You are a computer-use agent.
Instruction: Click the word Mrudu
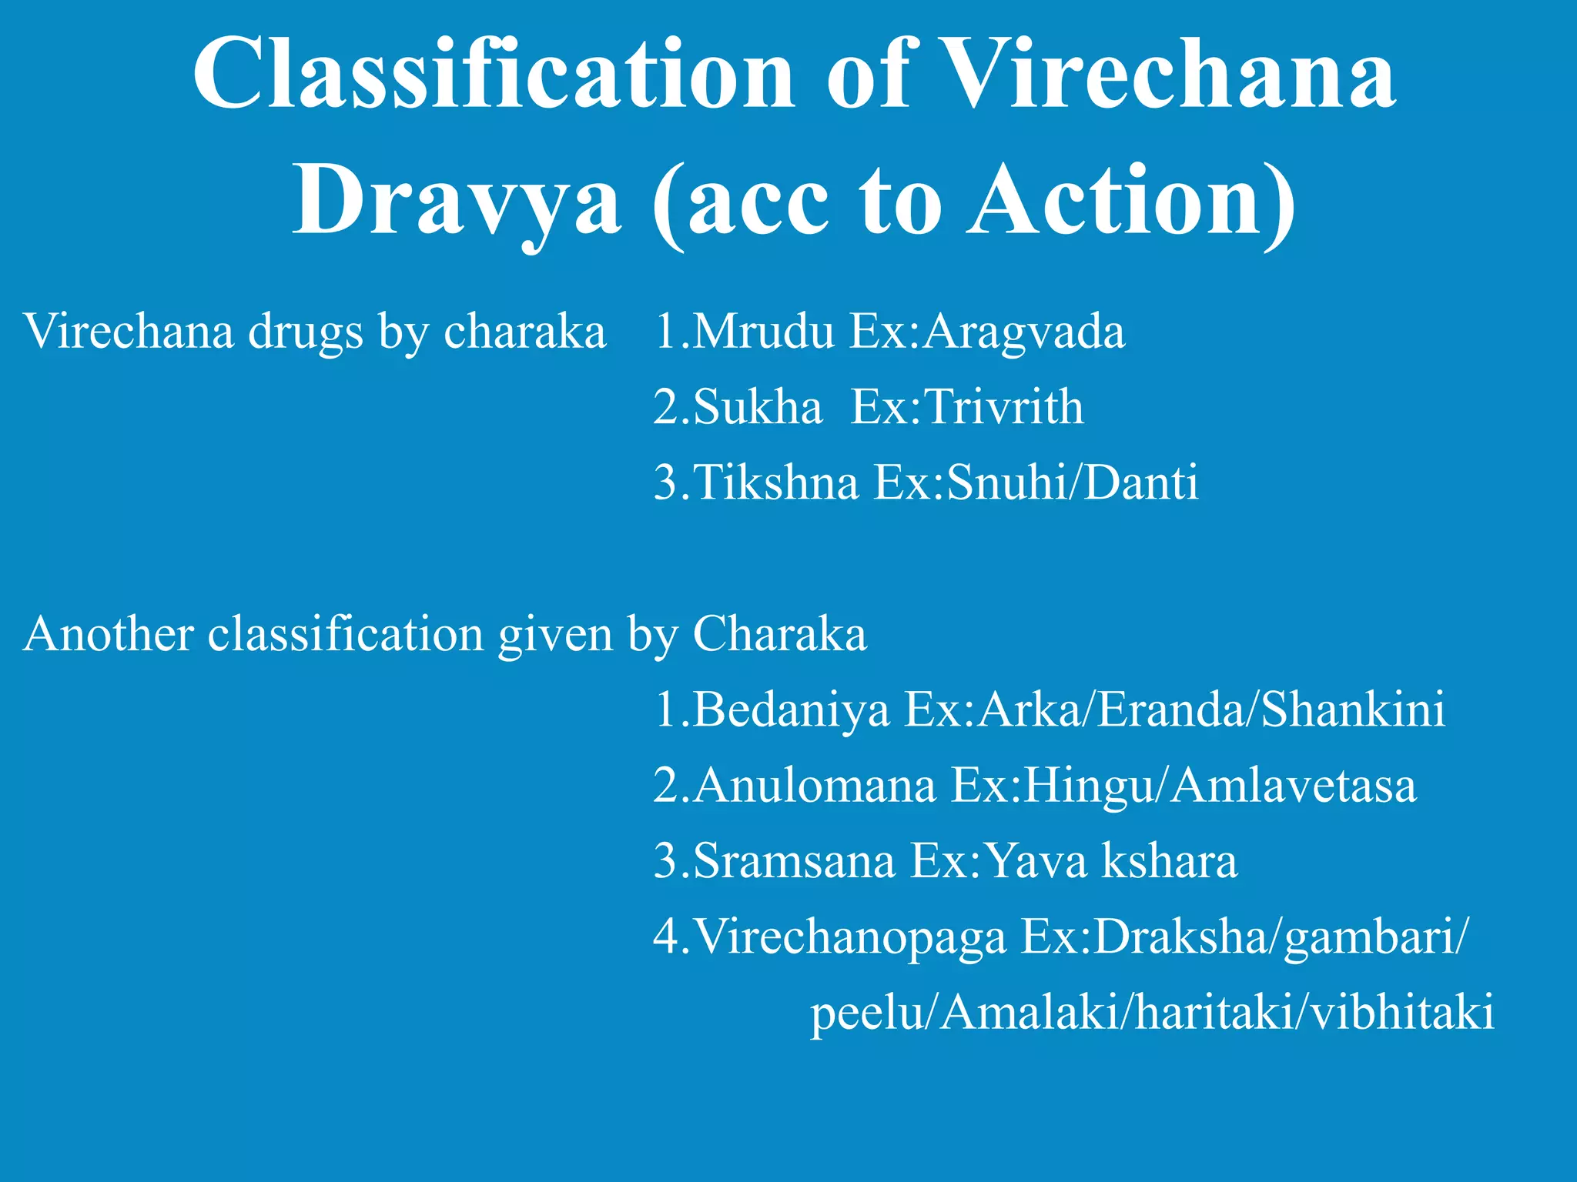pos(762,332)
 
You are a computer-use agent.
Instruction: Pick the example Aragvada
pos(1024,332)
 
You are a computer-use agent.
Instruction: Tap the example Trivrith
pos(1004,407)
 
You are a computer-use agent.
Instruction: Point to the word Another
pos(109,634)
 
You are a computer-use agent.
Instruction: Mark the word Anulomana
pos(814,786)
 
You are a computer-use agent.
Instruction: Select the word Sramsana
pos(794,860)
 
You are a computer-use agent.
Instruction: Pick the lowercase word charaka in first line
pos(525,332)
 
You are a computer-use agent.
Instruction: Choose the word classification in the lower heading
pos(346,634)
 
